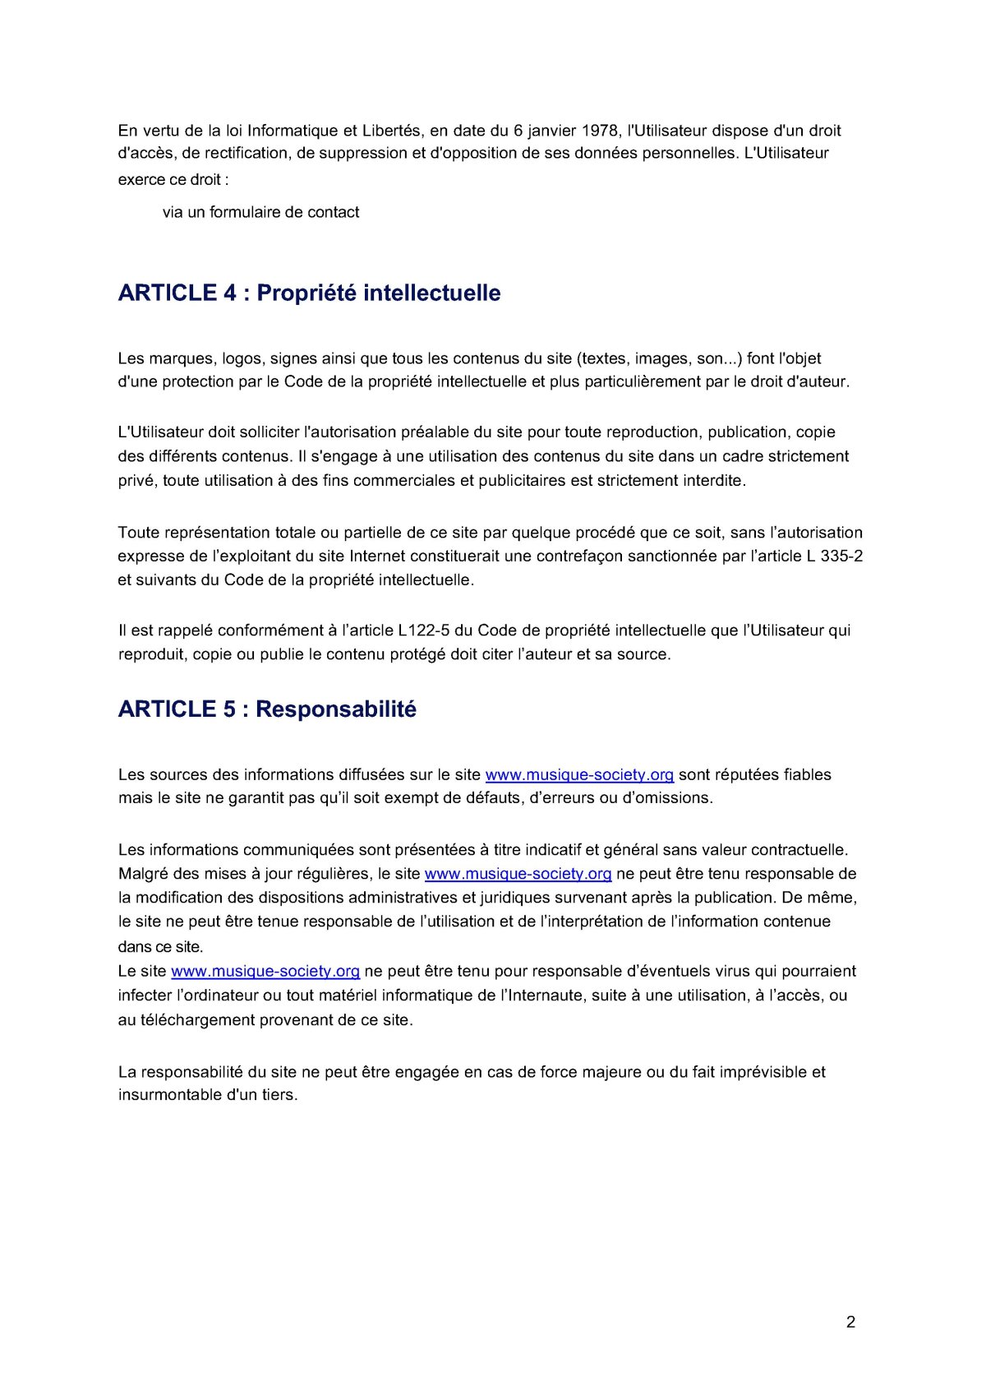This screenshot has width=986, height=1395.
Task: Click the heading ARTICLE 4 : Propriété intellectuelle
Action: pos(309,293)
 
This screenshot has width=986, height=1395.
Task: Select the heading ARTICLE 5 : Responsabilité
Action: pos(267,709)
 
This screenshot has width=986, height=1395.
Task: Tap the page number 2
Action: pos(850,1322)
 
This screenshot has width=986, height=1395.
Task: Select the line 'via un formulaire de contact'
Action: pos(260,212)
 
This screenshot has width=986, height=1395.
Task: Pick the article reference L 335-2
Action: pos(835,557)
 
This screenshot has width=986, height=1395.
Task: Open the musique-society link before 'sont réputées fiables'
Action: pos(579,775)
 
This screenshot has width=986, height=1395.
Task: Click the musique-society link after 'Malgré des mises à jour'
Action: pos(518,874)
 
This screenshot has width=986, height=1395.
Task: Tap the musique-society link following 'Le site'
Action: pos(265,972)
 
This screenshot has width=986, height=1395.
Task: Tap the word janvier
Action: pos(552,131)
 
